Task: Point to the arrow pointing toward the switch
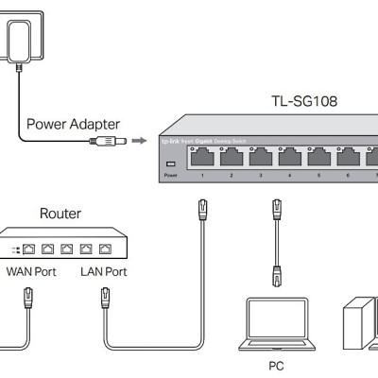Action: [138, 142]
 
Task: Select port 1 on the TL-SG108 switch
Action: [200, 157]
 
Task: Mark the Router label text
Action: [60, 214]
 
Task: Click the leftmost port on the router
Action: [30, 250]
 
